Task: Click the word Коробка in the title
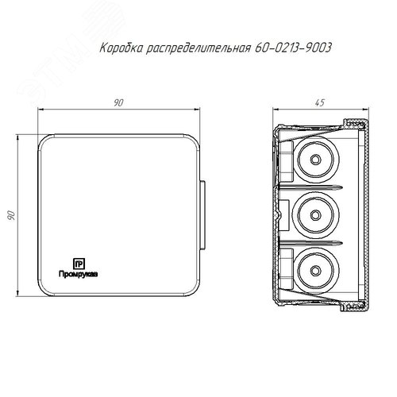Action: tap(121, 48)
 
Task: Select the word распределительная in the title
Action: tap(198, 48)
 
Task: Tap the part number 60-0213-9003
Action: tap(293, 48)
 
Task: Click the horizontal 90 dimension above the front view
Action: tap(118, 102)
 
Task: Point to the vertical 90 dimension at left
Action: tap(11, 215)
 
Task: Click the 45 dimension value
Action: tap(320, 102)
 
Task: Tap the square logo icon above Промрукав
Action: tap(79, 264)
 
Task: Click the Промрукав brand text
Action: tap(79, 275)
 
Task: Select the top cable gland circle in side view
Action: tap(315, 160)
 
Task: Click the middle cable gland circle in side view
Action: tap(315, 215)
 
